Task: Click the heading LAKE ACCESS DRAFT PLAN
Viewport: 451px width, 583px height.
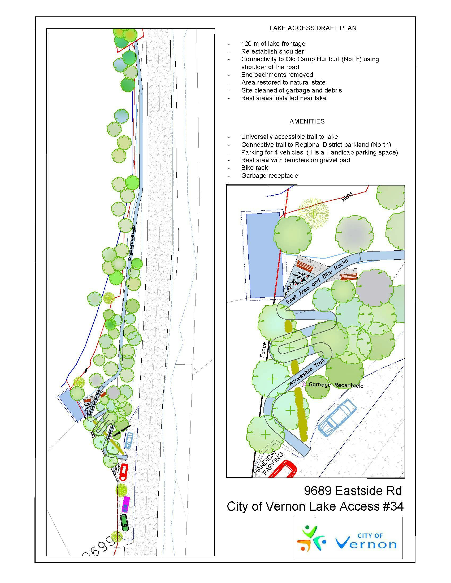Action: click(x=313, y=28)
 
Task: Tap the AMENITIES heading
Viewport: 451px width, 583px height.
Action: click(x=307, y=121)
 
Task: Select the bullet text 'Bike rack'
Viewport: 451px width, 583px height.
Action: click(x=254, y=168)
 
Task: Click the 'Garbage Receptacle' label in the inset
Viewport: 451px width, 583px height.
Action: click(x=336, y=385)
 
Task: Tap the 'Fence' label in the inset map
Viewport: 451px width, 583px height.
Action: click(x=263, y=350)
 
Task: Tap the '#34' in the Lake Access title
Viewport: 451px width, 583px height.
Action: click(x=391, y=506)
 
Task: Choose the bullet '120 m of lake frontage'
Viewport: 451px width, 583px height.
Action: click(x=273, y=43)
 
